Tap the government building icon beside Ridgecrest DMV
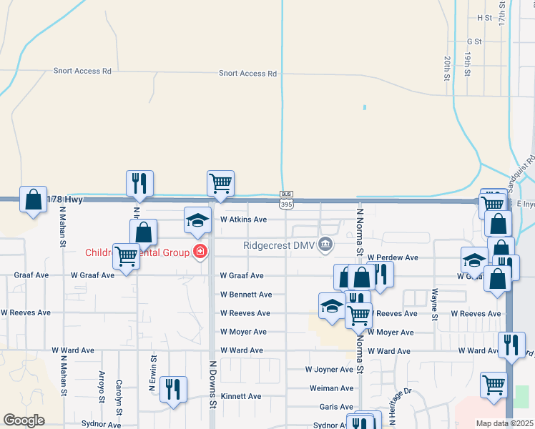[325, 245]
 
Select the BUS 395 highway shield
[286, 199]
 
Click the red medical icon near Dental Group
[200, 252]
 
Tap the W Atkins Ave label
[243, 220]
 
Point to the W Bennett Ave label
[246, 295]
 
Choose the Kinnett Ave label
[241, 396]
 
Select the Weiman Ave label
[331, 388]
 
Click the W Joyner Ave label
[329, 370]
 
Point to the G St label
[474, 42]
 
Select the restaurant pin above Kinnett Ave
[173, 389]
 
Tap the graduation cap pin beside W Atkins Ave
[198, 220]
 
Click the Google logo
[24, 420]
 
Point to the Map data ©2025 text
[504, 423]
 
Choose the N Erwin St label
[152, 374]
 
